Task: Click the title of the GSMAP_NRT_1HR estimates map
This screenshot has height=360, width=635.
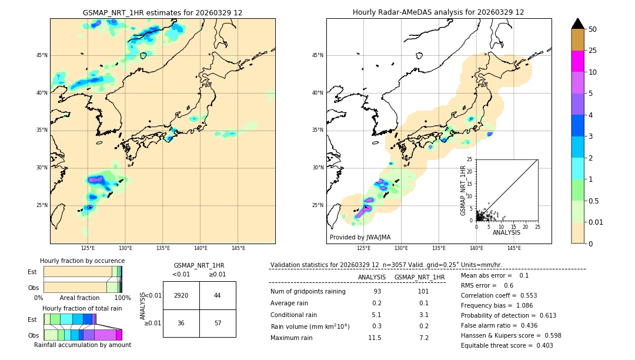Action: pos(162,12)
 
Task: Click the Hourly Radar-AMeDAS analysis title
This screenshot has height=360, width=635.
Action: pos(438,12)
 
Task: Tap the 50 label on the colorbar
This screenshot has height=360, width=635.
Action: pos(593,29)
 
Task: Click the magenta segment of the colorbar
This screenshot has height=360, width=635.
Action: pos(577,61)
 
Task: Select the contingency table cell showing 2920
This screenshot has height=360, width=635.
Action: pos(181,295)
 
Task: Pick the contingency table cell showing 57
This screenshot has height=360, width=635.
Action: pos(218,324)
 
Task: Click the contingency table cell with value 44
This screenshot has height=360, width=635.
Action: pos(218,295)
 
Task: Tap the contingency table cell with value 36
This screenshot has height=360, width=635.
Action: pos(181,324)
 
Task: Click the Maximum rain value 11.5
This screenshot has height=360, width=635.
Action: pos(375,338)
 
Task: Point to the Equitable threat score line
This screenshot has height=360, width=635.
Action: pos(507,345)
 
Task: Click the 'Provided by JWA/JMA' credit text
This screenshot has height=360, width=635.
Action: pos(360,237)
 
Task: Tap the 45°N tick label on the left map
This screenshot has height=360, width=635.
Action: pos(42,55)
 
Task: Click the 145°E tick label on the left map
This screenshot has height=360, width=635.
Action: pos(238,248)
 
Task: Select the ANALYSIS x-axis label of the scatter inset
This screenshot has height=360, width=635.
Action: pos(506,232)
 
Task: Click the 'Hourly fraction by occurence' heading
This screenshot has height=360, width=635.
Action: pos(82,261)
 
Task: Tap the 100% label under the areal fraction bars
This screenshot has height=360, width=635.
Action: pos(122,298)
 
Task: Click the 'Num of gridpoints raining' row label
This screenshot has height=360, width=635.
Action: pos(308,291)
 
